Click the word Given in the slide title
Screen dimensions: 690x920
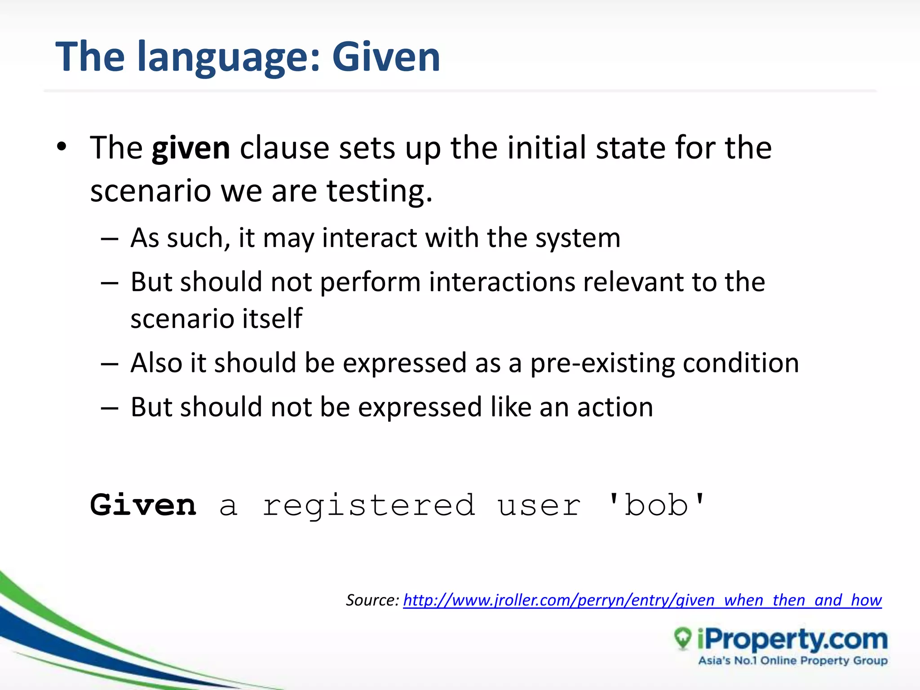(x=386, y=57)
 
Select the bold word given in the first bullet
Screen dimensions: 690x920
(x=191, y=148)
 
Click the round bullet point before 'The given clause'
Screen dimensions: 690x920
(x=62, y=146)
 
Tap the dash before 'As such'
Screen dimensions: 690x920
(x=109, y=239)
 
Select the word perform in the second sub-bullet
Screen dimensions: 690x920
(x=370, y=283)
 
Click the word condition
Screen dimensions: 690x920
(x=741, y=363)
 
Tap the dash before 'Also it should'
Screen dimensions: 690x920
(x=109, y=363)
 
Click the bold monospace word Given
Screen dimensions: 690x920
(x=143, y=505)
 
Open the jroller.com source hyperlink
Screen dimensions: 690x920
(x=642, y=600)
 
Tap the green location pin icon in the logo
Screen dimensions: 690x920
(x=683, y=638)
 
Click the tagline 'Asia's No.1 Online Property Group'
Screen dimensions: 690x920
(x=793, y=661)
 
